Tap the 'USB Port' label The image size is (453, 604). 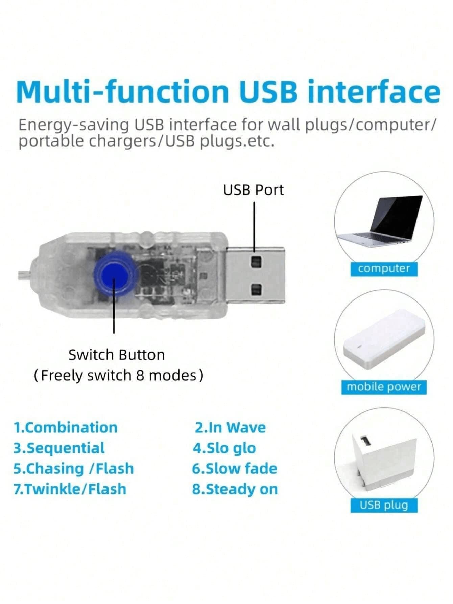point(254,190)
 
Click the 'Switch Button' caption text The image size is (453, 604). point(117,355)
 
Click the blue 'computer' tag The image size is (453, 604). point(384,269)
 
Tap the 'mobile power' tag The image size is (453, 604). point(384,387)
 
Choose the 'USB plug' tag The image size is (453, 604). point(384,505)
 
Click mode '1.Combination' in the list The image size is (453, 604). point(66,427)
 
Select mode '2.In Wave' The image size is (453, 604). point(230,427)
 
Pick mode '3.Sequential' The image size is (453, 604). point(59,448)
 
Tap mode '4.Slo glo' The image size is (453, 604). point(224,448)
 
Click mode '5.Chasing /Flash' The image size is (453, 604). point(74,469)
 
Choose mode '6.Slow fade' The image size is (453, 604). point(235,469)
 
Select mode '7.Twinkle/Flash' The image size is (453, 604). point(70,489)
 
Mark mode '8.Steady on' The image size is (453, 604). point(235,489)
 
